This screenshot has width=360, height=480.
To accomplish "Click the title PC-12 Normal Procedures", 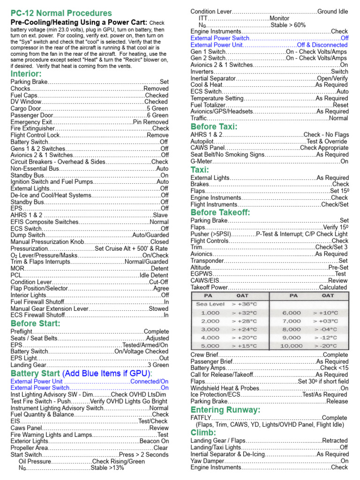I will [61, 13].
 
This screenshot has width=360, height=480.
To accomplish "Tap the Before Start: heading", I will [36, 323].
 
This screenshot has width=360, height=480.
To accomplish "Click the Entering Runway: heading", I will [225, 410].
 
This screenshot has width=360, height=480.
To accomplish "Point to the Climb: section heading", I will [203, 432].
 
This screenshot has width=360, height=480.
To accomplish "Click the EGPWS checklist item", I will [202, 274].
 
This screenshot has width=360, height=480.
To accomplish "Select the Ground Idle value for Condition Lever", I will [333, 11].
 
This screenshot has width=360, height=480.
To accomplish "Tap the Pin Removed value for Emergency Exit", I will [150, 121].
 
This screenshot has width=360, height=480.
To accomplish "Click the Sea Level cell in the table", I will [210, 304].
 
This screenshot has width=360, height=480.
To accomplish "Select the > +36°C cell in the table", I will [244, 304].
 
